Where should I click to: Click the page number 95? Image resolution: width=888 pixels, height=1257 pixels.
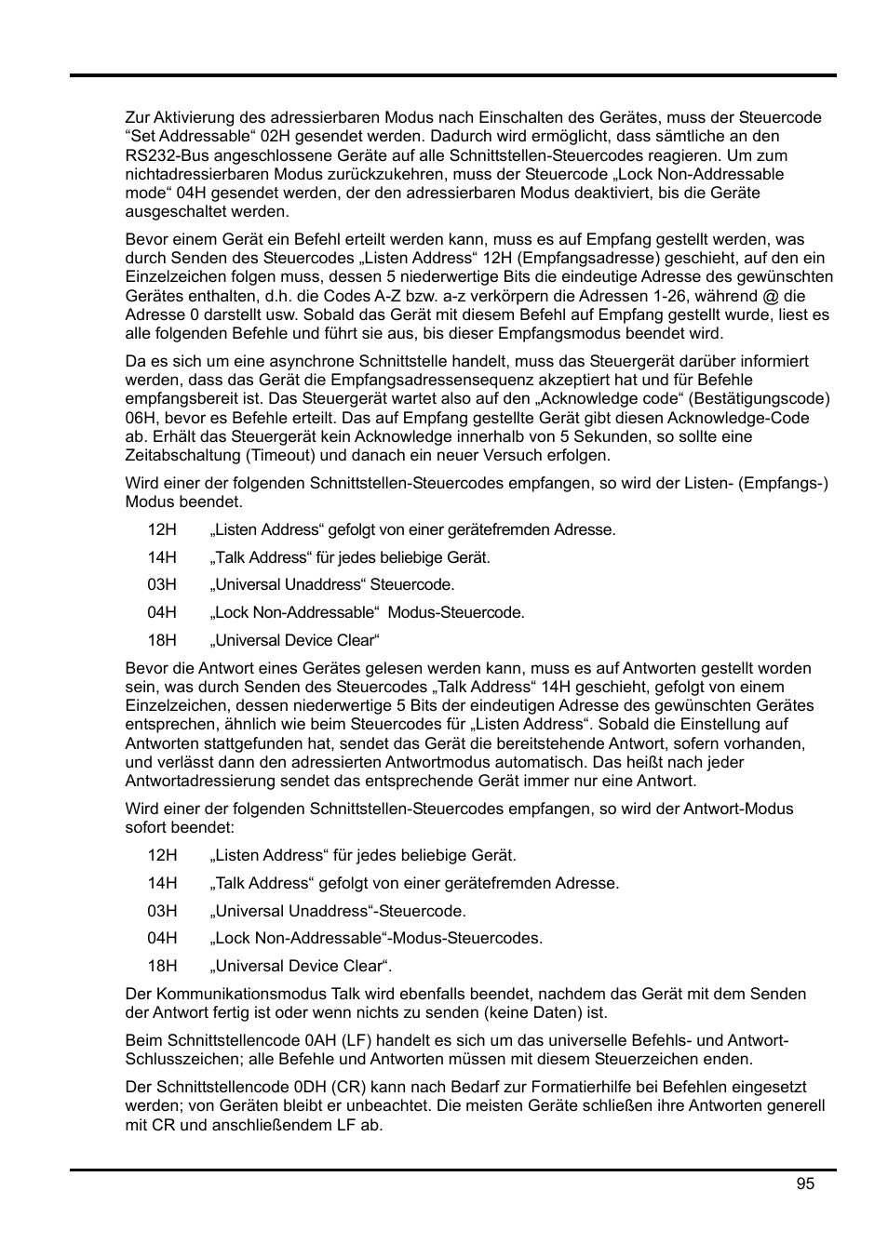point(805,1183)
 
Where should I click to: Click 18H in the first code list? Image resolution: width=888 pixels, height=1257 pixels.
point(162,640)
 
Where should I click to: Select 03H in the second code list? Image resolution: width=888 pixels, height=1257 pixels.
point(162,911)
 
